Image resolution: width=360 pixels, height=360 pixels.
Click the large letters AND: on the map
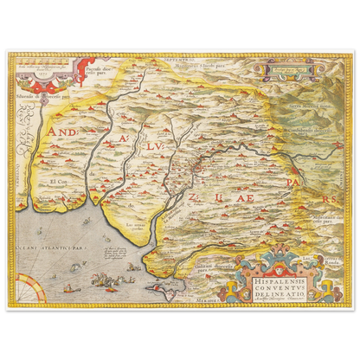pos(64,131)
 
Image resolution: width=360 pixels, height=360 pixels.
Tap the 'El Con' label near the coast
pos(58,183)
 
